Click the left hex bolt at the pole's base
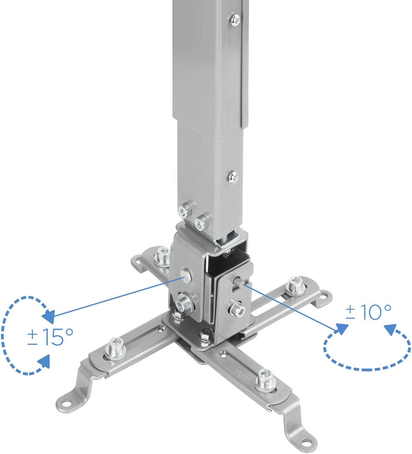pos(183,211)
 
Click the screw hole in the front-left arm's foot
pos(66,402)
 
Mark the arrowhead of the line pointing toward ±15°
pos(49,316)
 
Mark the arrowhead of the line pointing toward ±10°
pos(341,328)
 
